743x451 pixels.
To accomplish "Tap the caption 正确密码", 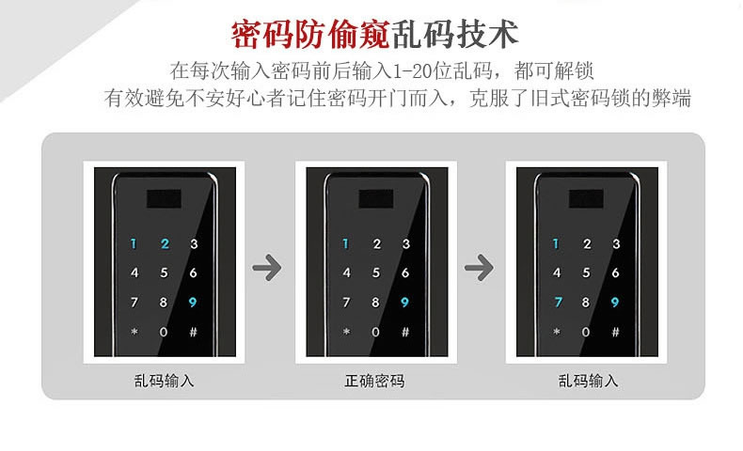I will tap(373, 381).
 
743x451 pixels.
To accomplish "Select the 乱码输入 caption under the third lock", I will tap(588, 381).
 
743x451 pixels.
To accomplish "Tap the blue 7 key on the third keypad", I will tap(557, 303).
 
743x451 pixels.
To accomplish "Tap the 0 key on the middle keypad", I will tap(375, 332).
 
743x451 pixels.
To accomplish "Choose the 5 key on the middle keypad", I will tap(375, 273).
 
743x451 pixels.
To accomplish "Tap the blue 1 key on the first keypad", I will tap(134, 244).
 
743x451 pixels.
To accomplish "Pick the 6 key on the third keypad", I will tap(616, 273).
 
